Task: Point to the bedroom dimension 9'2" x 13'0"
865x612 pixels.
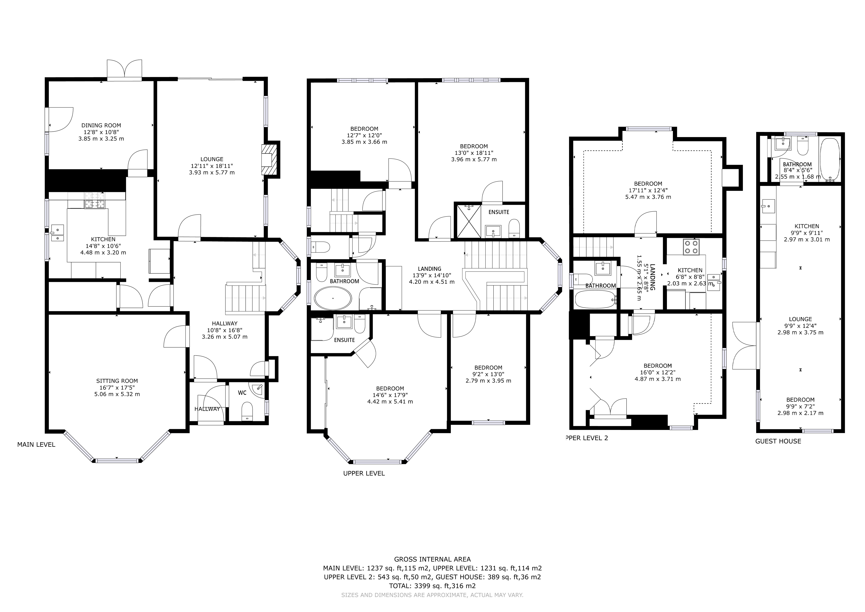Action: click(x=488, y=374)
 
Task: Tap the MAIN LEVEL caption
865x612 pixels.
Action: click(x=36, y=445)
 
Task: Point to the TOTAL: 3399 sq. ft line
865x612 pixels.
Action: click(x=432, y=586)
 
